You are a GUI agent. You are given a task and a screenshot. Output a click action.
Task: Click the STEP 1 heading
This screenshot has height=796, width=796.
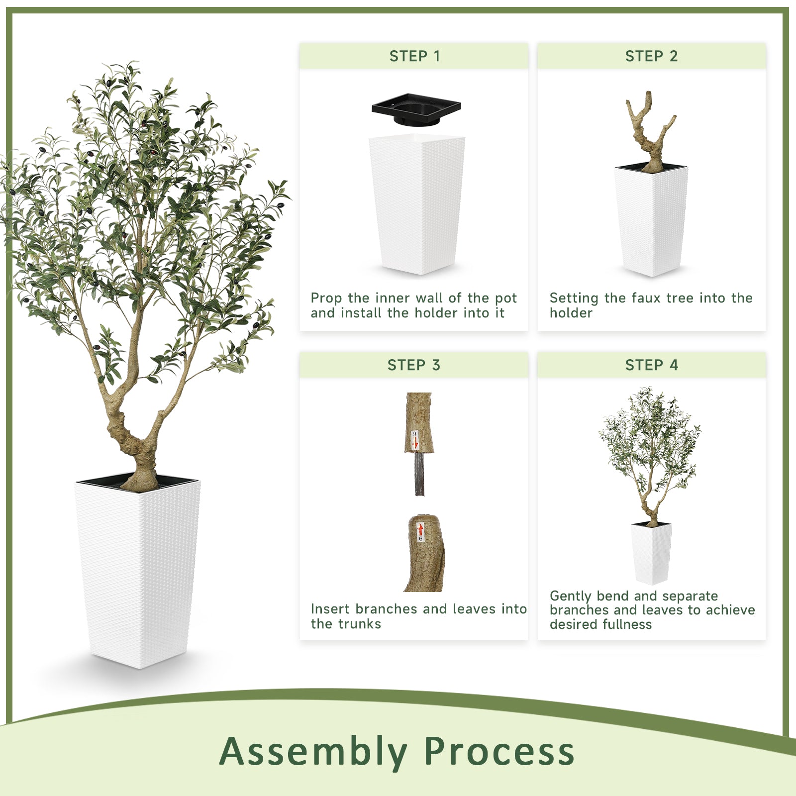click(414, 56)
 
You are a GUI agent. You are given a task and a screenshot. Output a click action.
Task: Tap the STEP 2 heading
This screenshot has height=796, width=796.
click(651, 56)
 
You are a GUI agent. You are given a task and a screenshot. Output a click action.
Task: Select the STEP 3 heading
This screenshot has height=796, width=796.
click(414, 365)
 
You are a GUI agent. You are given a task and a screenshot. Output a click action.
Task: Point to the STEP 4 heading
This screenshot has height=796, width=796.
click(651, 365)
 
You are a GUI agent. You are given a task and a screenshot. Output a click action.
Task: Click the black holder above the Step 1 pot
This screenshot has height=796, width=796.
click(416, 109)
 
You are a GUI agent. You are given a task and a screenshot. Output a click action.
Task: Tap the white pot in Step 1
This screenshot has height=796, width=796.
click(416, 204)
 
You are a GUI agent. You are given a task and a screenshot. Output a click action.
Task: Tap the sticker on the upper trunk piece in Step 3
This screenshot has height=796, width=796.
click(414, 440)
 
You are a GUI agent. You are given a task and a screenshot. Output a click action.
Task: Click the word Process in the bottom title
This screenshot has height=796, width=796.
click(499, 751)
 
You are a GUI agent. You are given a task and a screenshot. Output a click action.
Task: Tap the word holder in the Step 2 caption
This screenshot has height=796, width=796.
click(571, 313)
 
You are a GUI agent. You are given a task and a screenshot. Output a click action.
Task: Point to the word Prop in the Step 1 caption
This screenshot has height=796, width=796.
click(326, 298)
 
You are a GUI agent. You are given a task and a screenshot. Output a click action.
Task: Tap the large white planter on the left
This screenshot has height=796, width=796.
click(138, 572)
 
